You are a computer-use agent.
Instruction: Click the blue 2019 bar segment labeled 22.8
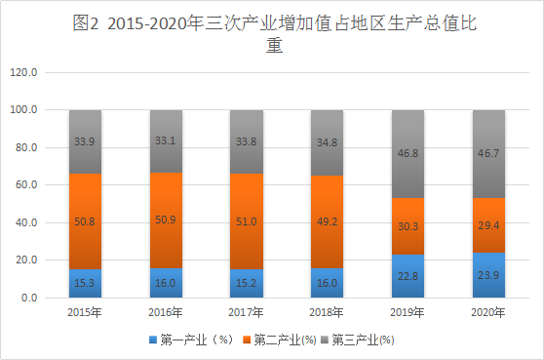(x=408, y=276)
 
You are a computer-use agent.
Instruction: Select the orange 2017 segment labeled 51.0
(x=247, y=221)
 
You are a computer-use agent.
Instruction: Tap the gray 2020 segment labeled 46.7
(x=488, y=154)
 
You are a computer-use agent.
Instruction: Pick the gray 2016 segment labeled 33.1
(x=166, y=141)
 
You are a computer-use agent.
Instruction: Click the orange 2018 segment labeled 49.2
(x=327, y=221)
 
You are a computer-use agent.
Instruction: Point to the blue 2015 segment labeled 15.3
(x=85, y=283)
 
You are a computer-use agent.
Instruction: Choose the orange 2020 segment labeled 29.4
(x=488, y=225)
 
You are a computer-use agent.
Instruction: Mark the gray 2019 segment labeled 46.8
(x=408, y=154)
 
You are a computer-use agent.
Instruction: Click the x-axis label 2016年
(x=166, y=312)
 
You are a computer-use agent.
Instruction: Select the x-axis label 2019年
(x=408, y=312)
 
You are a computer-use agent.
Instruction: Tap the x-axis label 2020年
(x=488, y=312)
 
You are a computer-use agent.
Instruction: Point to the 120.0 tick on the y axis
(x=23, y=72)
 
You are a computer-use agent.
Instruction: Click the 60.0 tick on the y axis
(x=26, y=184)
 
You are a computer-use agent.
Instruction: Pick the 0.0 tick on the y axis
(x=29, y=298)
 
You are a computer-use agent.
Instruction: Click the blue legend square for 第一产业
(x=153, y=340)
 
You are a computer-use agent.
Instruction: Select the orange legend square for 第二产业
(x=247, y=340)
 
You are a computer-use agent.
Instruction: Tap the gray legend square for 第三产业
(x=325, y=340)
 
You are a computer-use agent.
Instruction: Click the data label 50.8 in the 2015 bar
(x=85, y=221)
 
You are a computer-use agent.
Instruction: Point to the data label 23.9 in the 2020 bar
(x=488, y=275)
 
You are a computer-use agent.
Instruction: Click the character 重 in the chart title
(x=274, y=45)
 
